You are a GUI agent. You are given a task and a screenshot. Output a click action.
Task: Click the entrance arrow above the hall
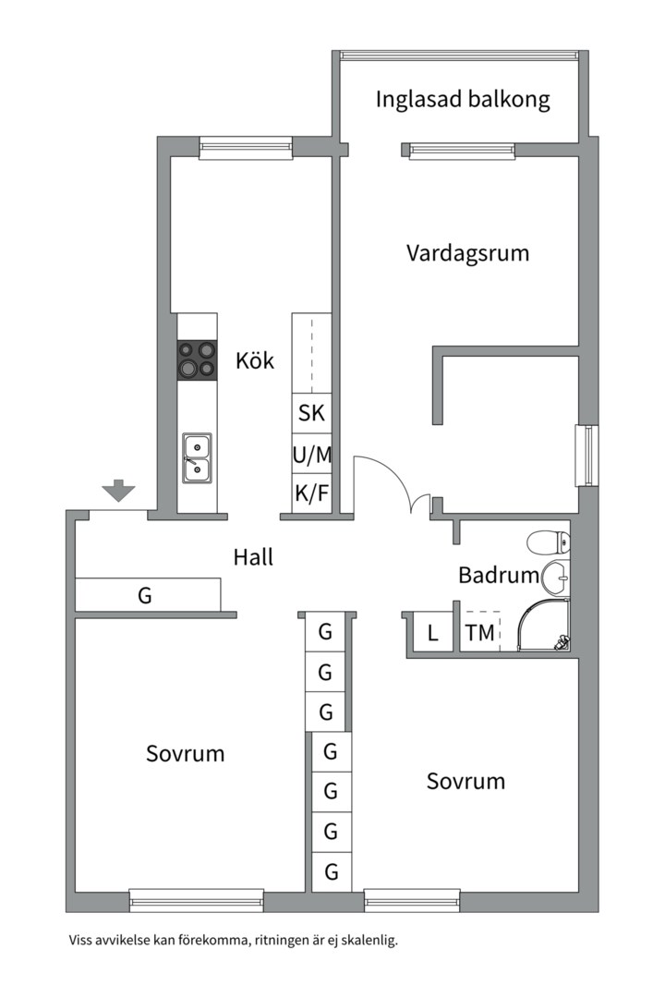[118, 491]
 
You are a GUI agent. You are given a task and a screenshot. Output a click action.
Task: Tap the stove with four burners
[197, 359]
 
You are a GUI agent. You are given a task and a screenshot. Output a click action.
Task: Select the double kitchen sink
[197, 457]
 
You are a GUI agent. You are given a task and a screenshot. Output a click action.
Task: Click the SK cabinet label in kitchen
[311, 413]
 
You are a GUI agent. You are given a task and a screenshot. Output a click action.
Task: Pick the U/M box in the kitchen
[311, 454]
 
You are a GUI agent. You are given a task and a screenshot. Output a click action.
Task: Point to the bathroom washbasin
[557, 579]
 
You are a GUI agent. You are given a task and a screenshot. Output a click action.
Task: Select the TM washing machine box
[480, 633]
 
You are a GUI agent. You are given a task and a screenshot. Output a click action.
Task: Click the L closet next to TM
[431, 633]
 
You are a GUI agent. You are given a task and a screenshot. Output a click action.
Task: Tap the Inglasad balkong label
[463, 100]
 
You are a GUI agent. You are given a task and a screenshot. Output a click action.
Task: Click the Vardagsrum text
[467, 252]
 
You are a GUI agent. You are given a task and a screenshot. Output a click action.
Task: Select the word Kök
[255, 360]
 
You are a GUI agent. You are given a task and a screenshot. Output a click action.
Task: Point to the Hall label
[252, 557]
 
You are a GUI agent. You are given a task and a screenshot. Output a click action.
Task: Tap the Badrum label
[499, 576]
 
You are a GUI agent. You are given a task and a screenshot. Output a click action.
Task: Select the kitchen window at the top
[246, 147]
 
